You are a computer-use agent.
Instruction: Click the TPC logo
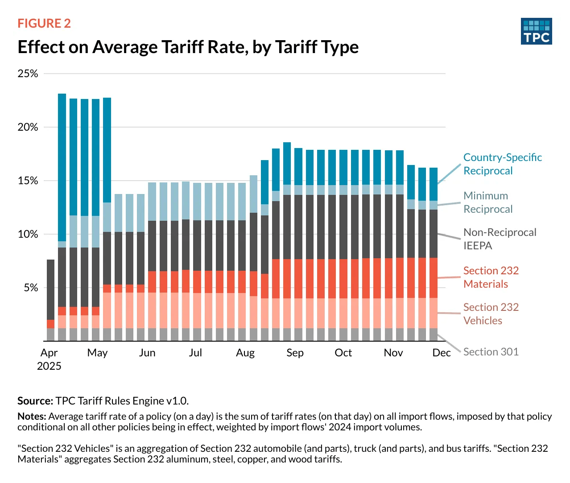click(x=536, y=31)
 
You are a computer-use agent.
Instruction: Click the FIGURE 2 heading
click(x=44, y=24)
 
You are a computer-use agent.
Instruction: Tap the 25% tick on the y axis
click(x=28, y=74)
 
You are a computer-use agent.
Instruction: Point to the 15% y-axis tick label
click(x=28, y=181)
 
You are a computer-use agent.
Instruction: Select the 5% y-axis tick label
click(x=30, y=288)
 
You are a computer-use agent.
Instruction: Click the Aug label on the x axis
click(x=245, y=353)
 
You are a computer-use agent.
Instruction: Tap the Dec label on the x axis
click(x=442, y=353)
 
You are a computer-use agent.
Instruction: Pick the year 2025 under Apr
click(x=49, y=366)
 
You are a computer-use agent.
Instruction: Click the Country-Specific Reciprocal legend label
click(x=502, y=164)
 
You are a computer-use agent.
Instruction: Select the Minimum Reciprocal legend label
click(x=488, y=202)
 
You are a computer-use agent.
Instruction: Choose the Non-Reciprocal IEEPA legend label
click(x=500, y=239)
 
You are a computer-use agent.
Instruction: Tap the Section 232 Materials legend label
click(x=491, y=277)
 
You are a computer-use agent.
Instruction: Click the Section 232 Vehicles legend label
click(x=491, y=314)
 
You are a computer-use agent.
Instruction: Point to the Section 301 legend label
click(x=491, y=352)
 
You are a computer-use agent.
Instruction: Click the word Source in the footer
click(x=35, y=401)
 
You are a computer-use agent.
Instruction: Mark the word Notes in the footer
click(x=32, y=417)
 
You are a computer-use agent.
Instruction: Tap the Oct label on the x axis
click(x=343, y=353)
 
